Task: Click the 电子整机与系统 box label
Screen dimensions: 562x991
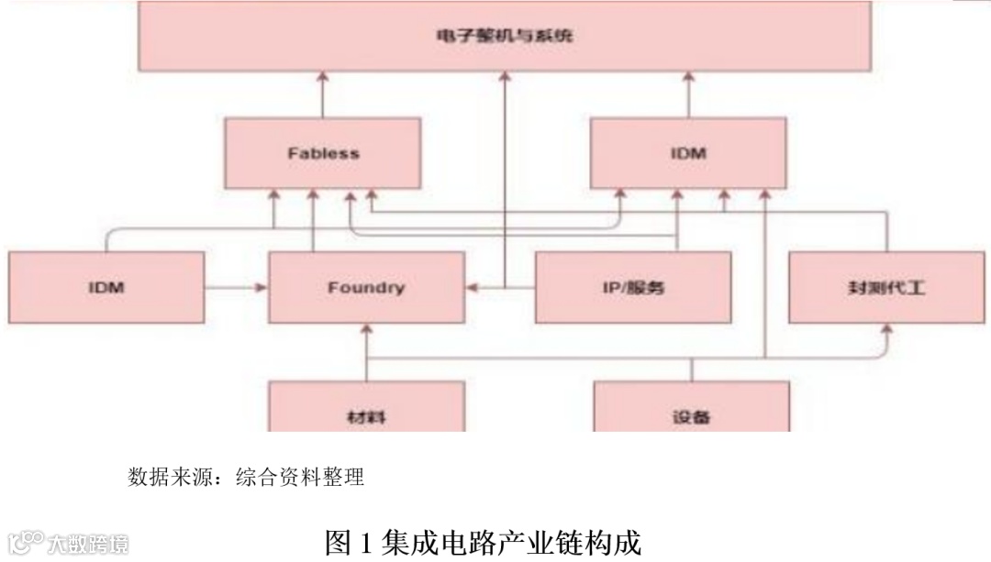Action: [504, 37]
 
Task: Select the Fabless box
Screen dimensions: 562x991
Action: [323, 153]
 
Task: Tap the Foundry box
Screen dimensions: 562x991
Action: [365, 288]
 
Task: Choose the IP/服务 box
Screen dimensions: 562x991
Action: [633, 288]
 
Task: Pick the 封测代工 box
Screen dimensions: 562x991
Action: [886, 288]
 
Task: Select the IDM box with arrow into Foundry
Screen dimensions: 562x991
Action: [106, 288]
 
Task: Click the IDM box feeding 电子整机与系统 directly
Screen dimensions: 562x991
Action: [688, 153]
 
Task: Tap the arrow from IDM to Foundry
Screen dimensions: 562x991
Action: [236, 288]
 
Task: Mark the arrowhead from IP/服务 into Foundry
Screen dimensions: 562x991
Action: [472, 288]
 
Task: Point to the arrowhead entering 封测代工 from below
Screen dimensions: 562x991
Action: [887, 329]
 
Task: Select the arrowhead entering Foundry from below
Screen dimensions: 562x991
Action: [366, 329]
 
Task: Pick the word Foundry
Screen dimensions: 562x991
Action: [365, 288]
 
